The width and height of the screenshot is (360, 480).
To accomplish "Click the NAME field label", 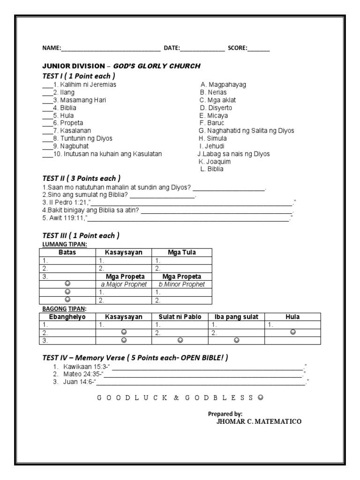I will coord(52,48).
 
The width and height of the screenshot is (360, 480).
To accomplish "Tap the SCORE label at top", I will coord(238,48).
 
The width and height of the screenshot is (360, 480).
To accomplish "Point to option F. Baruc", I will coord(212,123).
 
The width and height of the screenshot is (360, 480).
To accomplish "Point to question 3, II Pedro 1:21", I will coord(66,203).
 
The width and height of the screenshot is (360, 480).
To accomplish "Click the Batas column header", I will coord(67,252).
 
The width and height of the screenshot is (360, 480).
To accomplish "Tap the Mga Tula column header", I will coord(181,252).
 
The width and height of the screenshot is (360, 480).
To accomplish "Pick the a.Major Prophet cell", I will coord(124,285).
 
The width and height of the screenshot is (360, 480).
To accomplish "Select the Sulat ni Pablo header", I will coord(180,317).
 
